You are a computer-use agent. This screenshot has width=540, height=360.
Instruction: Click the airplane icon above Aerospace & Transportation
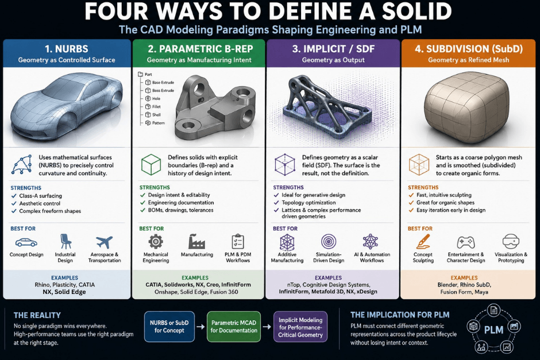[x=104, y=242]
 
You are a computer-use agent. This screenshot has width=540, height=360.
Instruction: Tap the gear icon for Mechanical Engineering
[x=156, y=242]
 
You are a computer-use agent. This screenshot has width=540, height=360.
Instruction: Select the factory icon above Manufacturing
[x=196, y=242]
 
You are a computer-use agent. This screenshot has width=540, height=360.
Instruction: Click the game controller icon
[x=466, y=242]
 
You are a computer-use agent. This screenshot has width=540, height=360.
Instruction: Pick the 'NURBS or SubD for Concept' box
[x=169, y=327]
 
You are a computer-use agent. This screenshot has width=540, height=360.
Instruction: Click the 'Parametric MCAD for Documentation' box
[x=234, y=327]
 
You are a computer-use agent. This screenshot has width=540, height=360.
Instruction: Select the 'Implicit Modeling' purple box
[x=300, y=327]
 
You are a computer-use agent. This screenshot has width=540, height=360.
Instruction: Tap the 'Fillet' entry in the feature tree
[x=156, y=107]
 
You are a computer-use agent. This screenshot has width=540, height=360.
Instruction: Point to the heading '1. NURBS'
[x=67, y=49]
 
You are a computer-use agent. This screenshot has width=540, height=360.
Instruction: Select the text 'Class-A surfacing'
[x=41, y=196]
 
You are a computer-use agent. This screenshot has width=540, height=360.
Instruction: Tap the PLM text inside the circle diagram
[x=493, y=330]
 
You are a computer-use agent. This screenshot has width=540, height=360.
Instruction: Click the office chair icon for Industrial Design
[x=65, y=241]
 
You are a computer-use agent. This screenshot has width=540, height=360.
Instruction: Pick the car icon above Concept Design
[x=26, y=243]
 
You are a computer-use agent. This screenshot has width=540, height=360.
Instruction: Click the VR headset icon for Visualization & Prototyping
[x=511, y=242]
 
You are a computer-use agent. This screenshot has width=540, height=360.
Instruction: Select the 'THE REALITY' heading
[x=37, y=315]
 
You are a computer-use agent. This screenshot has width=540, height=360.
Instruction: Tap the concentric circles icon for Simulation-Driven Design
[x=329, y=242]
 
